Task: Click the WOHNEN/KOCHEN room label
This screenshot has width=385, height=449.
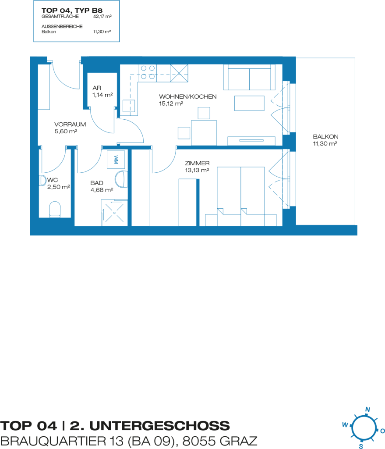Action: [187, 97]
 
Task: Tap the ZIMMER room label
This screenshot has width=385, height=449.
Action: [197, 163]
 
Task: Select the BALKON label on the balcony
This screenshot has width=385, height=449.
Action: [325, 137]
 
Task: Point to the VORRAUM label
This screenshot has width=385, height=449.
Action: [70, 124]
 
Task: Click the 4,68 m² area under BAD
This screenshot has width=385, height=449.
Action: [102, 190]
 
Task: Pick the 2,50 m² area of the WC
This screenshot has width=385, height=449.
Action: [59, 187]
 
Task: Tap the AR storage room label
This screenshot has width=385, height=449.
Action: [97, 88]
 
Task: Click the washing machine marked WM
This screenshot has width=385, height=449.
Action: [116, 160]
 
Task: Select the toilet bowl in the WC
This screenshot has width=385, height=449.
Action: [55, 209]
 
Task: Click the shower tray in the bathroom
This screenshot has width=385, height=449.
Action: [114, 213]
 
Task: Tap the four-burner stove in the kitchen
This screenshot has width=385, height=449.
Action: [148, 72]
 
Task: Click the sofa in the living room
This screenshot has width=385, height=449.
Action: [249, 77]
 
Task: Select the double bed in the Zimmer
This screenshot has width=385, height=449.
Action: [240, 196]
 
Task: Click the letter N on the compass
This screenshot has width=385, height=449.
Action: [367, 410]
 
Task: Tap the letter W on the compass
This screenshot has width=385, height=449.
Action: [345, 424]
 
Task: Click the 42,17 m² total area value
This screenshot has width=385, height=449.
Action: [102, 17]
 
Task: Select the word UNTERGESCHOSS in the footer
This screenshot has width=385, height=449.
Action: [159, 426]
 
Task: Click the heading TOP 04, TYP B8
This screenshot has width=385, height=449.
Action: [72, 11]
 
